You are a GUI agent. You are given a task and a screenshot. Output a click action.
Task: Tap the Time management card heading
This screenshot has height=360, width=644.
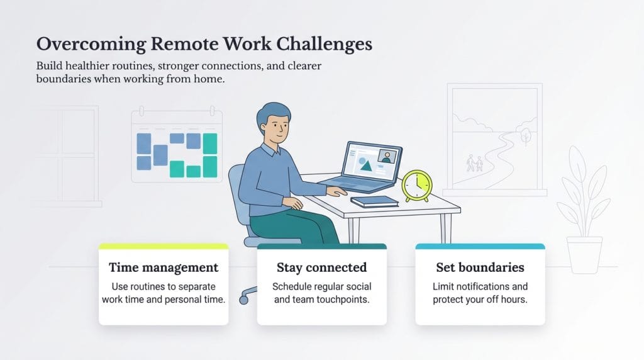click(164, 267)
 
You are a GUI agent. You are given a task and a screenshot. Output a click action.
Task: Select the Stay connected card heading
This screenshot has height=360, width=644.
click(321, 267)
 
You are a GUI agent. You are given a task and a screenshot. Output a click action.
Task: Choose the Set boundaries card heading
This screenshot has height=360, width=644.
click(480, 267)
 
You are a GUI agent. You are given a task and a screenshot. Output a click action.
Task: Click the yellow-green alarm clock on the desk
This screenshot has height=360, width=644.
click(416, 185)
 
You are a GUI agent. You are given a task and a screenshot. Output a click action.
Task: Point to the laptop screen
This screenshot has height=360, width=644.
click(370, 162)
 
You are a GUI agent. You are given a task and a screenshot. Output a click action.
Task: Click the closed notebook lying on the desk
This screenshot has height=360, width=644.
click(374, 201)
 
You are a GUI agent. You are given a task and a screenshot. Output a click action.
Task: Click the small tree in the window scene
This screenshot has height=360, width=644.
click(525, 135)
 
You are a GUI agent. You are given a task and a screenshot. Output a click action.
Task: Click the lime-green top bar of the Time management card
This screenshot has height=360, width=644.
click(164, 246)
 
